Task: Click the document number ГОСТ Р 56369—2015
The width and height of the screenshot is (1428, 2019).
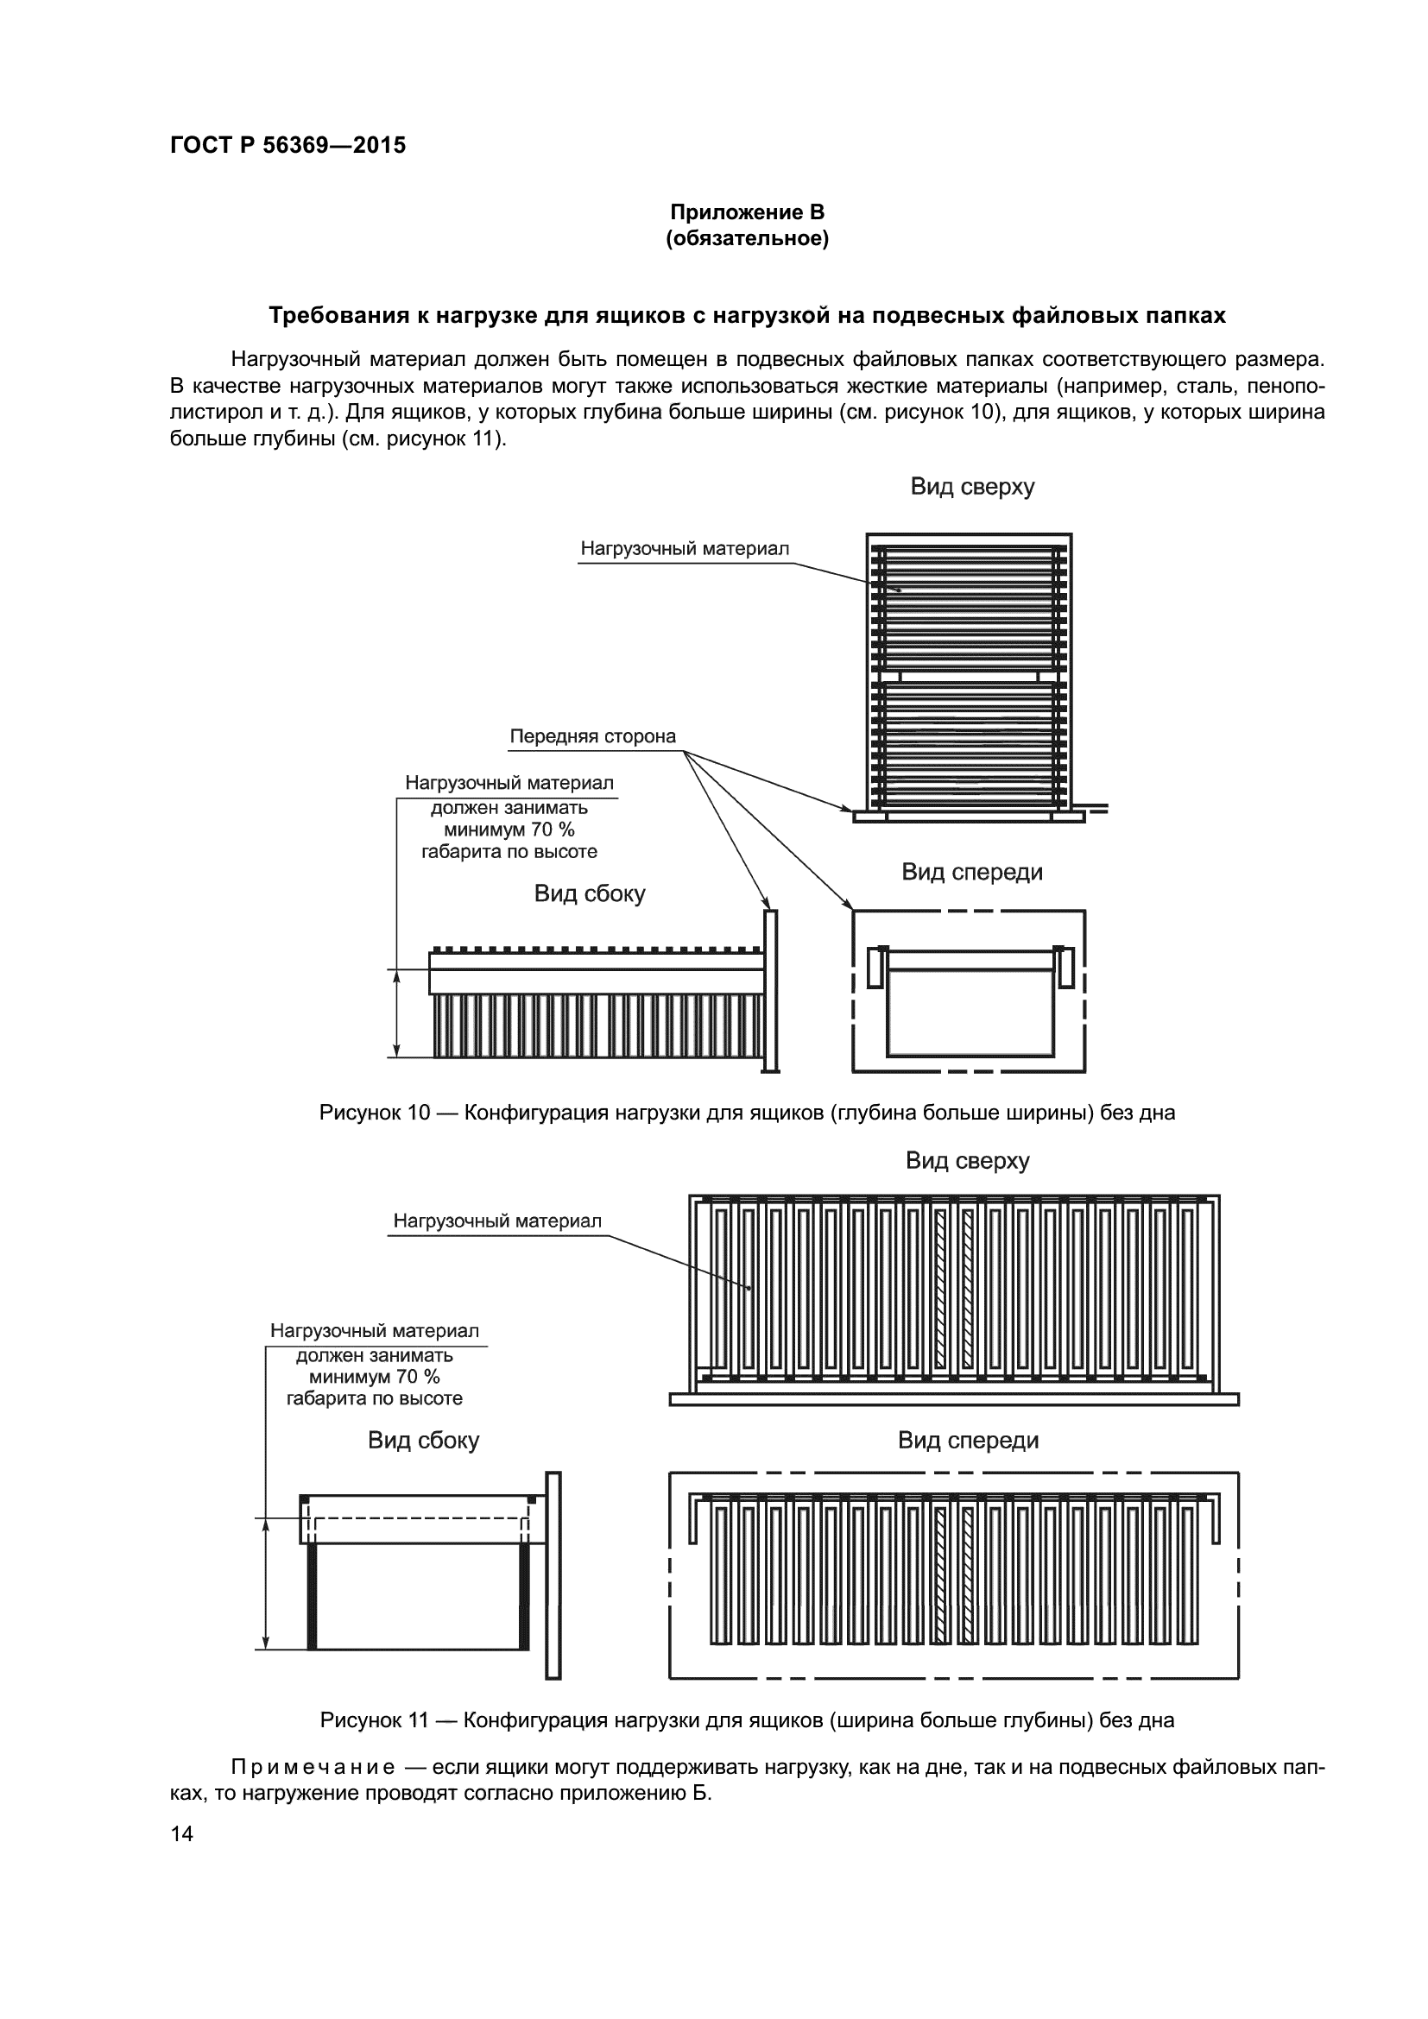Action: (287, 145)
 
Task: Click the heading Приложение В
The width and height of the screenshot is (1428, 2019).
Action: (747, 212)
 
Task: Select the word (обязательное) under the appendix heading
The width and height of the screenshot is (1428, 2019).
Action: (747, 238)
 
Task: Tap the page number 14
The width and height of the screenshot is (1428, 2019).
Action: (182, 1833)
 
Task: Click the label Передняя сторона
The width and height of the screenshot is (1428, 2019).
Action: (592, 736)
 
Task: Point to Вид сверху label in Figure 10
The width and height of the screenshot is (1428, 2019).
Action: (971, 486)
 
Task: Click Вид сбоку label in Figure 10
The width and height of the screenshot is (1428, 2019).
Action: (589, 894)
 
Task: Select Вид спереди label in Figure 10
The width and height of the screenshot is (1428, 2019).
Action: (971, 873)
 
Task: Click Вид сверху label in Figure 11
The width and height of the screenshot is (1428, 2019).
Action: (967, 1161)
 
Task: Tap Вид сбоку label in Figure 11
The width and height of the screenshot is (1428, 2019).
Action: (423, 1441)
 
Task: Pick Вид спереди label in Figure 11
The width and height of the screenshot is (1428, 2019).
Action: (967, 1441)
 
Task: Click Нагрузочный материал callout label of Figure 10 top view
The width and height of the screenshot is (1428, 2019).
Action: (684, 549)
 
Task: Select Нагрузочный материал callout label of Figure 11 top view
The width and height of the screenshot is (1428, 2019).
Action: (496, 1221)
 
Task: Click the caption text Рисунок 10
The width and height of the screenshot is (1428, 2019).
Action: (374, 1114)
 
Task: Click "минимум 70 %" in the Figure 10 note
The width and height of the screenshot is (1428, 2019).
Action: (509, 830)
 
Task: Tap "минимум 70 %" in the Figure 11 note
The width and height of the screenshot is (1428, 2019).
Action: (374, 1376)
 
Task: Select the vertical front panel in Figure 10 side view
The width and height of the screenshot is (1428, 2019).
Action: (770, 990)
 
